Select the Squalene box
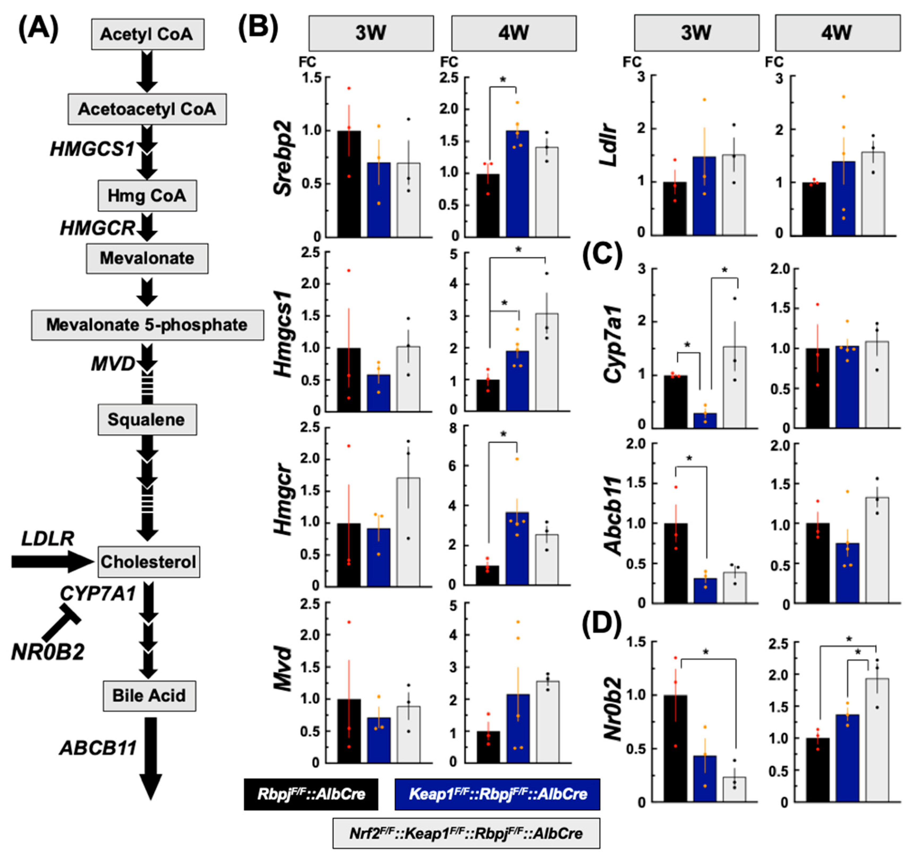[x=147, y=419]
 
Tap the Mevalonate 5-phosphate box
[x=147, y=325]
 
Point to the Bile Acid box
[x=149, y=695]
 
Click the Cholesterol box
[x=148, y=561]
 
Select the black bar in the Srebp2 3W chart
[x=349, y=184]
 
